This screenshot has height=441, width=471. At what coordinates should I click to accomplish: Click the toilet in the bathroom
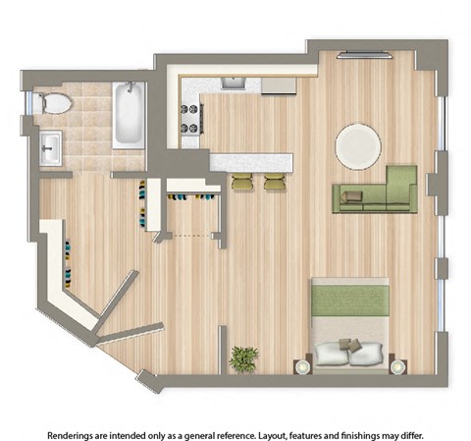point(55,102)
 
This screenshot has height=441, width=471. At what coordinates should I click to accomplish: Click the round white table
point(359,145)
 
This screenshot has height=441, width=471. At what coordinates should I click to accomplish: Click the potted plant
point(242,358)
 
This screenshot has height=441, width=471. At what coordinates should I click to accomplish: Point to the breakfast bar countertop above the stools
point(251,162)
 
